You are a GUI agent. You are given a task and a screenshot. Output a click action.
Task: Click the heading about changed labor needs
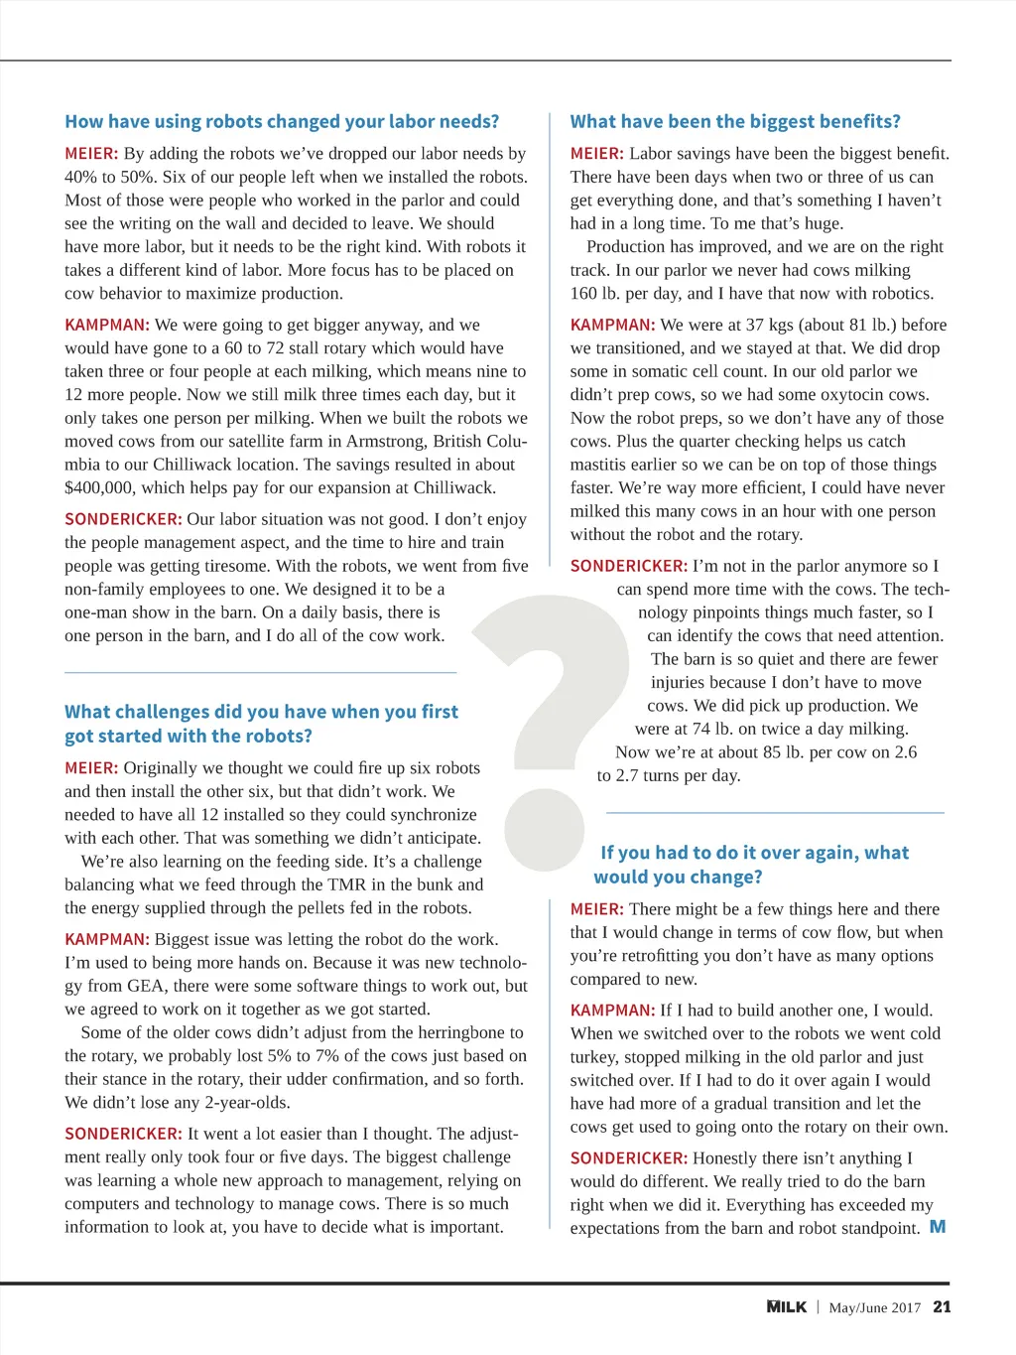tap(282, 122)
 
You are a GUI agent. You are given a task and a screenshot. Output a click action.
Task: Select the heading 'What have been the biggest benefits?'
tap(735, 122)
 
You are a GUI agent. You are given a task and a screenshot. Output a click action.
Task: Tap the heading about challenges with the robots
tap(261, 724)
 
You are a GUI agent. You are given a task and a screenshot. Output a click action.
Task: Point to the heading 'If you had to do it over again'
tap(754, 854)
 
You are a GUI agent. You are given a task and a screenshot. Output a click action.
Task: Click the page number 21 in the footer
tap(942, 1307)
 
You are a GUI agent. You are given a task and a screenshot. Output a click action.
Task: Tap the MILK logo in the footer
tap(787, 1307)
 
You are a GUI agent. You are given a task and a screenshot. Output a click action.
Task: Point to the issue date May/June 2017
tap(874, 1308)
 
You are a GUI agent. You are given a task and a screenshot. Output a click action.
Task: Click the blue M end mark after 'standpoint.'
tap(938, 1228)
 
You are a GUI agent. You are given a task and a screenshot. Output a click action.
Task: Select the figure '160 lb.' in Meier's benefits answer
tap(595, 294)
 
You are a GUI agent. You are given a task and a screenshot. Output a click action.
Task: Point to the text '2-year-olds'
tap(247, 1103)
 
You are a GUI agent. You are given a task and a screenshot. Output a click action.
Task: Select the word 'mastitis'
tap(601, 465)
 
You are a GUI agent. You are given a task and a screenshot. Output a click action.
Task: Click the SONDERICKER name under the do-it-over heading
tap(628, 1158)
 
